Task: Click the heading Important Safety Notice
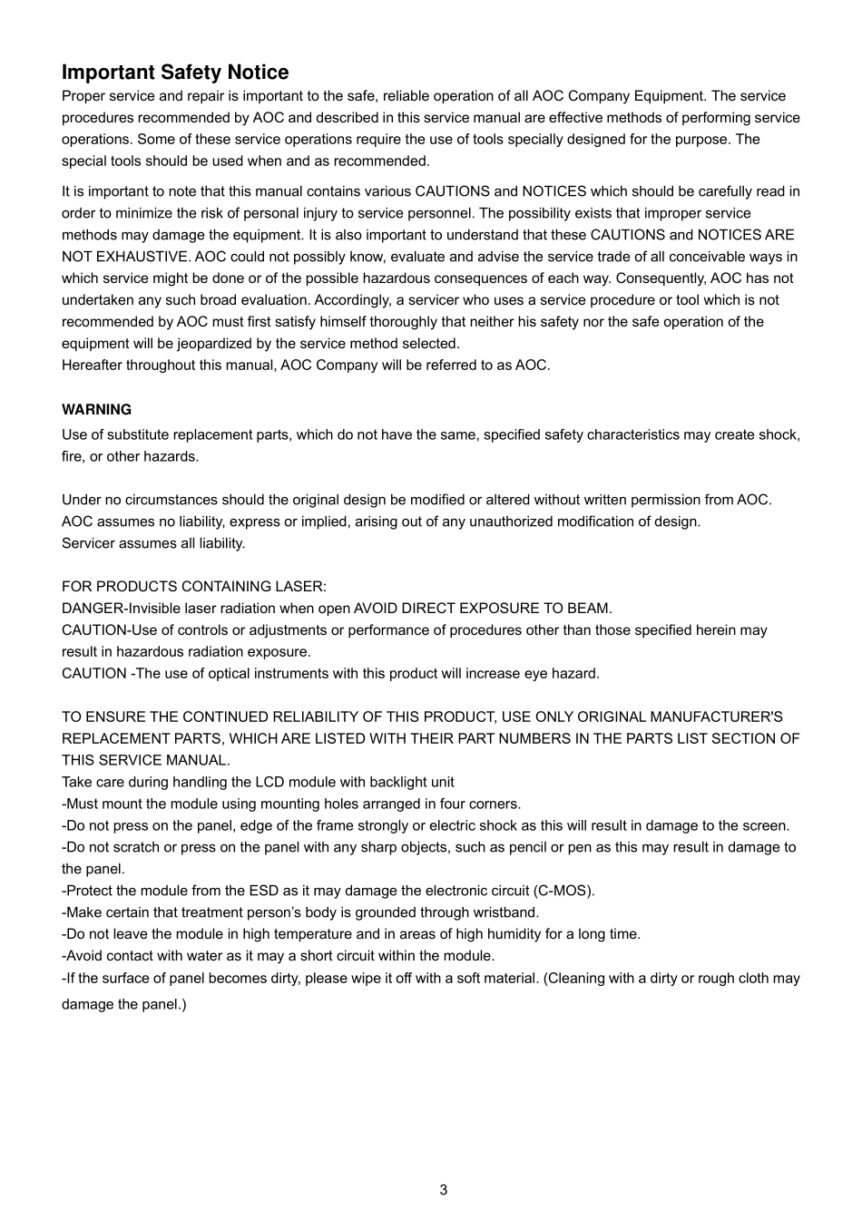click(x=175, y=73)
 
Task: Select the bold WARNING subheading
click(x=96, y=409)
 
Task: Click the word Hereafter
click(x=92, y=366)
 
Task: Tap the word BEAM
click(x=590, y=609)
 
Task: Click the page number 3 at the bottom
click(x=443, y=1190)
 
